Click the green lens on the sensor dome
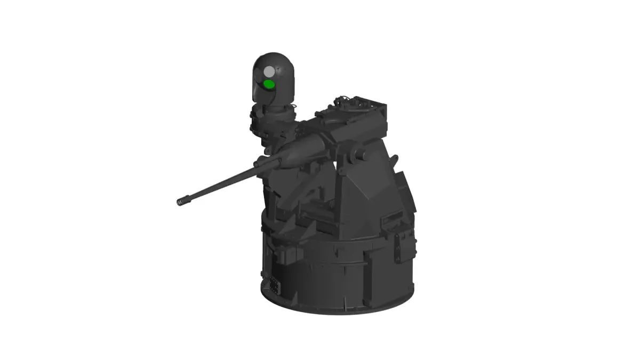pos(269,84)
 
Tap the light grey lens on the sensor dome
pos(269,71)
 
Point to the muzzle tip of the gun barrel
pos(180,202)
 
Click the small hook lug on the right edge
pos(395,158)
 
